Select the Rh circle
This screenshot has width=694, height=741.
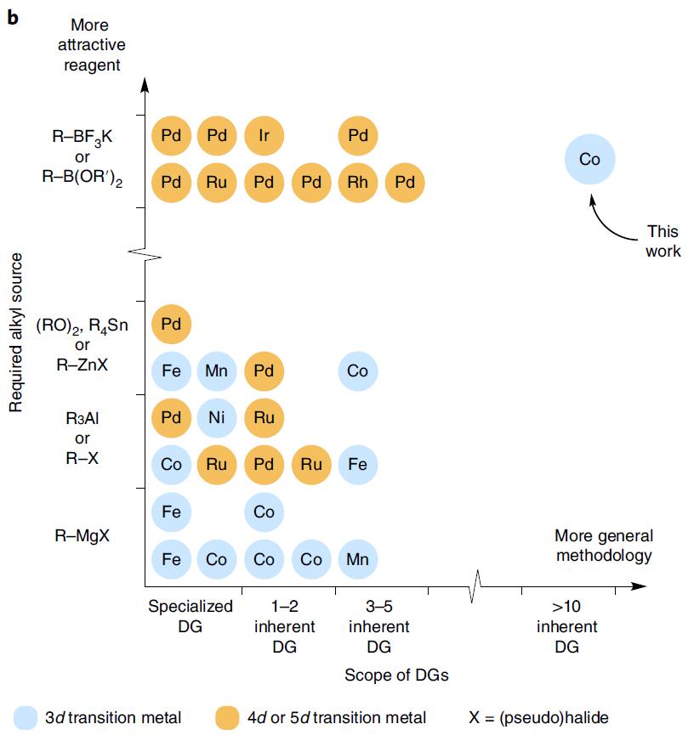pos(358,182)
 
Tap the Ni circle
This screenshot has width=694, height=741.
pos(218,418)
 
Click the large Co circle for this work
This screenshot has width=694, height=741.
pos(589,159)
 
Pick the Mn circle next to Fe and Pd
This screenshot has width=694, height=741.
pos(218,371)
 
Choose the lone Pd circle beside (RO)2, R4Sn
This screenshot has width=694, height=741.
pos(171,324)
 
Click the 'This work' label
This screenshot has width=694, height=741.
pos(663,240)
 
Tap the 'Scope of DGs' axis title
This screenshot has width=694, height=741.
pos(396,676)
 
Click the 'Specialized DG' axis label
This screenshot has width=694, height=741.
pos(191,616)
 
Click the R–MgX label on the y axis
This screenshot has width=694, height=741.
pos(82,536)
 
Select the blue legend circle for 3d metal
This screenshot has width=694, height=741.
pos(28,717)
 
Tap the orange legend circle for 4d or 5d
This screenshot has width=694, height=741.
pos(229,717)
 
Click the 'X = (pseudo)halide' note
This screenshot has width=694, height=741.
pos(538,718)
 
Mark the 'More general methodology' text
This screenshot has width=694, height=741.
pos(604,546)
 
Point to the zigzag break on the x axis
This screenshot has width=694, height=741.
pos(475,585)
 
